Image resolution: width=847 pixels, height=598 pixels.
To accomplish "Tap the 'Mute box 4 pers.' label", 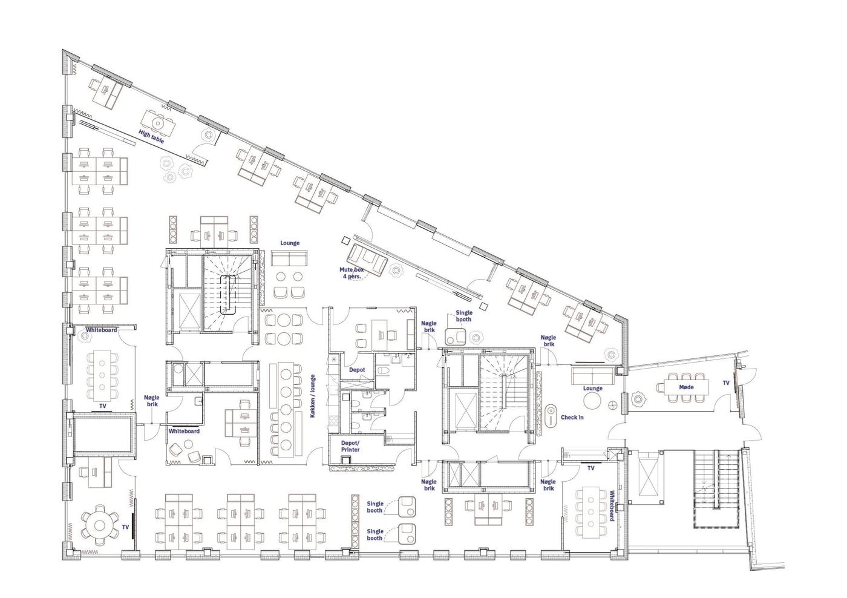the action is tap(352, 273).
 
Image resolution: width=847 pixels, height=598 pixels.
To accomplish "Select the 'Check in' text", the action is tap(572, 417).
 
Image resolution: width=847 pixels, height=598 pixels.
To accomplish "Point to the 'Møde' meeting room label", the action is tap(686, 387).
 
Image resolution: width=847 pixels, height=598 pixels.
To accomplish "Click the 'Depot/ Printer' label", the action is tap(350, 446).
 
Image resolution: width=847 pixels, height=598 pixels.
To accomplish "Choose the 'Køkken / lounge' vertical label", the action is tap(312, 396).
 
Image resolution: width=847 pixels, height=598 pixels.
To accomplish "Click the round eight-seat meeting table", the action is tap(100, 526).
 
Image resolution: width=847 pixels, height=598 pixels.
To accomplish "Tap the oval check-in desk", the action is tap(551, 416).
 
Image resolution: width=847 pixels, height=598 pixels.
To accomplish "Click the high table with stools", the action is tap(158, 123).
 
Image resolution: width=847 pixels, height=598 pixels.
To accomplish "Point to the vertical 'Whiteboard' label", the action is tap(612, 506).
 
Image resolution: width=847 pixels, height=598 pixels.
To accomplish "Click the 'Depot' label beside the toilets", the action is tap(356, 370).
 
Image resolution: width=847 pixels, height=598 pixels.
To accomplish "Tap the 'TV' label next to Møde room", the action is tap(726, 383).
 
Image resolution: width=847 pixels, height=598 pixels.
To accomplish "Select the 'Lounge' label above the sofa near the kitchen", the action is tap(290, 243).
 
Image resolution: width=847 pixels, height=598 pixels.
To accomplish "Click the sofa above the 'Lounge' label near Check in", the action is tap(592, 375).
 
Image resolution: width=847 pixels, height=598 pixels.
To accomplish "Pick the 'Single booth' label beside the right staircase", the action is tap(463, 316).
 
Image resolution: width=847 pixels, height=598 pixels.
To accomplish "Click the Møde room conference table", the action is tap(686, 387).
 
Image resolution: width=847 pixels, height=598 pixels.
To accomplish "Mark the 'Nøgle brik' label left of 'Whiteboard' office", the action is tap(152, 401).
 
